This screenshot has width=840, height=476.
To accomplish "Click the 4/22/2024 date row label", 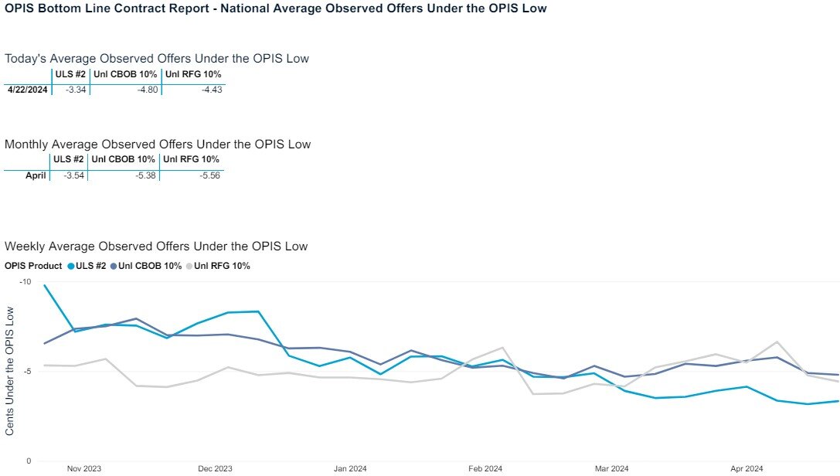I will point(28,90).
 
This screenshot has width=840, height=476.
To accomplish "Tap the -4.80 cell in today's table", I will point(147,90).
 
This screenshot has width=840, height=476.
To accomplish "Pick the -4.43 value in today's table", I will point(212,90).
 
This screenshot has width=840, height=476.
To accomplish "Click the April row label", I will point(36,175).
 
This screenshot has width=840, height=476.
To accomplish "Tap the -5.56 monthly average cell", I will point(209,175).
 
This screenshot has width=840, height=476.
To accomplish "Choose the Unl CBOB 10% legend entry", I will point(151,266).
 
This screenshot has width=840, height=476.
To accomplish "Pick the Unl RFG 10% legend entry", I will point(221,266).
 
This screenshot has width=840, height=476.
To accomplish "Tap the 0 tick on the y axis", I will point(28,461).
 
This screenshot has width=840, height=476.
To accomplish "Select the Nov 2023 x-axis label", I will point(84,468).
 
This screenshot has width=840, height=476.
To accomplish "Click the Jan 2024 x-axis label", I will point(350,468).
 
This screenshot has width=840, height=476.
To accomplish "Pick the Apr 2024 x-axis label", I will point(746,468).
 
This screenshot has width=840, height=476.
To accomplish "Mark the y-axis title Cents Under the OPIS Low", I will point(10,370).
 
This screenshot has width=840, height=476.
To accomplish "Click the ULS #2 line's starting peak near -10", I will point(45,286).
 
